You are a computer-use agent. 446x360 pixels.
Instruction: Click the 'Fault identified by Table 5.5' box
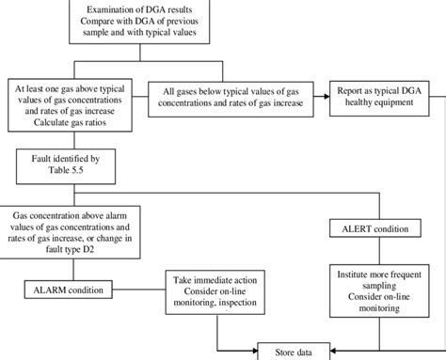(65, 166)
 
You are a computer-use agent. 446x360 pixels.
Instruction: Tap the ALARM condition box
(65, 288)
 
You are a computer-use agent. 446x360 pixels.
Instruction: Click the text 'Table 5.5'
(65, 173)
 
